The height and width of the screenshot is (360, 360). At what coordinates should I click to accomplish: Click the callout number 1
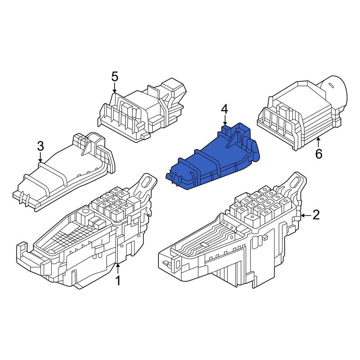click(x=118, y=280)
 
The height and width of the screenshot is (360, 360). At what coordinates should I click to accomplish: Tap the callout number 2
click(x=316, y=215)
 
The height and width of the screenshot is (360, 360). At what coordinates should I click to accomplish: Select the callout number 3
click(x=40, y=146)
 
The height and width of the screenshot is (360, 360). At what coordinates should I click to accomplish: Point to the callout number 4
click(x=225, y=109)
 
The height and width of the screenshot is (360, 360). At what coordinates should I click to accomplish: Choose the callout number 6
click(x=319, y=154)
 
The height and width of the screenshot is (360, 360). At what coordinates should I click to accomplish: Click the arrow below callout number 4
click(x=225, y=121)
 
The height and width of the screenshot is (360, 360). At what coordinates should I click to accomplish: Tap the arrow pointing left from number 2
click(x=306, y=215)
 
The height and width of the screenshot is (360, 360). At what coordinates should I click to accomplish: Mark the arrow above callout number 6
click(x=319, y=142)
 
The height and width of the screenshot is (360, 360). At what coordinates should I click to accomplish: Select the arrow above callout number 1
click(x=118, y=269)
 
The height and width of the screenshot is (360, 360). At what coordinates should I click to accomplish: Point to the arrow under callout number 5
click(x=114, y=88)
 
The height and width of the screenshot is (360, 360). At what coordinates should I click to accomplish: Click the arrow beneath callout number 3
click(x=40, y=158)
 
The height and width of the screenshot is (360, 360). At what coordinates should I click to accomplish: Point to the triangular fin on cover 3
click(x=87, y=147)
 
